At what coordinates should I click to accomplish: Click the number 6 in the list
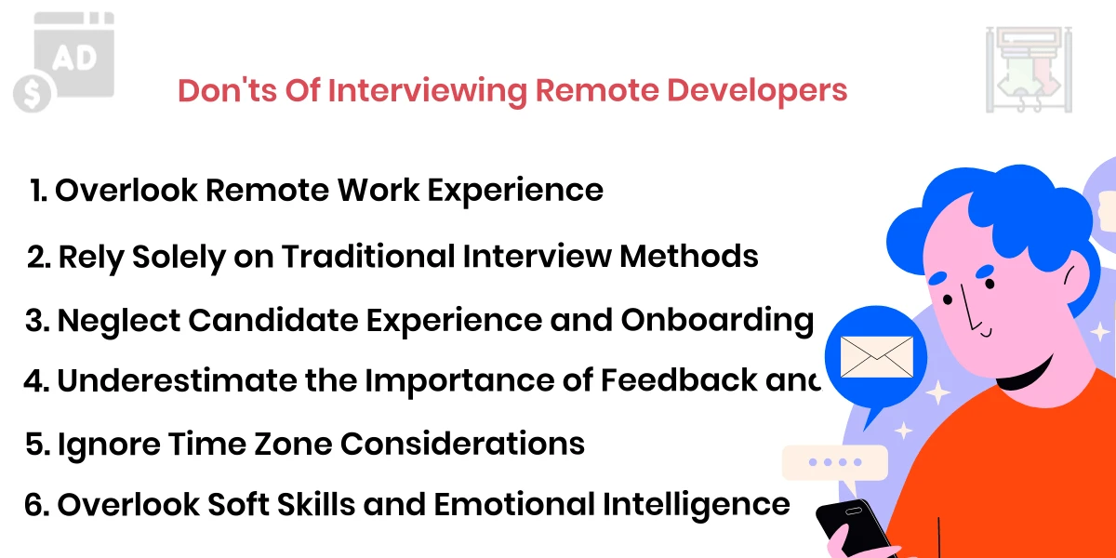coord(35,505)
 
